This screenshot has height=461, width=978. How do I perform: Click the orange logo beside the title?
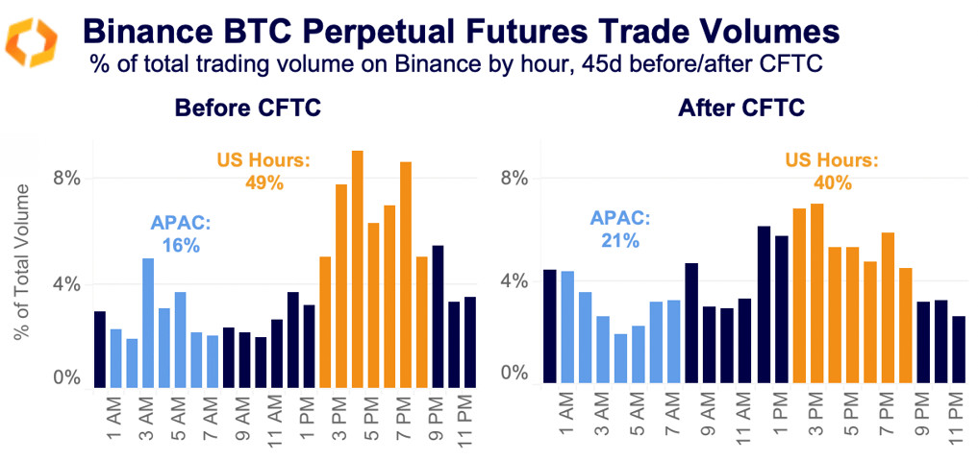(x=33, y=42)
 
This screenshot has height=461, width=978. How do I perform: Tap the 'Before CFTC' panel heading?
(x=247, y=109)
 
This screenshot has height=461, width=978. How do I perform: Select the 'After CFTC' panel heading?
(x=728, y=109)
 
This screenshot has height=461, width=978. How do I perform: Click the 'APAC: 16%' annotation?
(x=180, y=234)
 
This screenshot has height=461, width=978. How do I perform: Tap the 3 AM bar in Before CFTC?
(x=148, y=323)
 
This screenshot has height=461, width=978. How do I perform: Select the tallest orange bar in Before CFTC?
(x=357, y=269)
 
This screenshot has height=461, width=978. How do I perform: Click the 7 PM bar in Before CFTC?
(x=406, y=275)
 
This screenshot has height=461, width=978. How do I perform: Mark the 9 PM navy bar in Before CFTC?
(x=438, y=317)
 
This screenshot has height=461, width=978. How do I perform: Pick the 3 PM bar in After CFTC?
(x=816, y=293)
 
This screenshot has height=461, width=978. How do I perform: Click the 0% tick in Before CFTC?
(x=67, y=377)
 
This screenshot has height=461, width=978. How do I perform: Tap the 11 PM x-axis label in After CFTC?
(x=957, y=421)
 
